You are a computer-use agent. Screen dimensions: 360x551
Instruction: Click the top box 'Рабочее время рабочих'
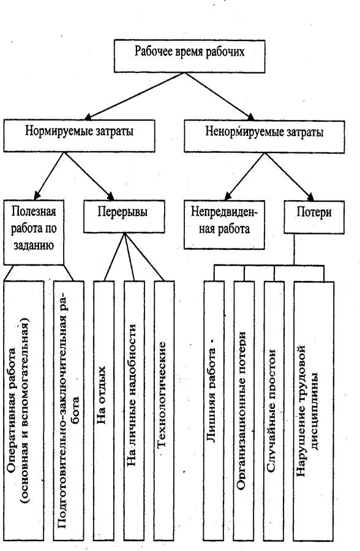(x=190, y=56)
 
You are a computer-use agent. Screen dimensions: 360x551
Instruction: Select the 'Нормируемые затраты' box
(x=79, y=136)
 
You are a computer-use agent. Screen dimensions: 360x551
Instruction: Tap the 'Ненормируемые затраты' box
(x=264, y=137)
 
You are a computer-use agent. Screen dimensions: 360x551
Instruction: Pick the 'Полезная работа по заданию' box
(x=34, y=232)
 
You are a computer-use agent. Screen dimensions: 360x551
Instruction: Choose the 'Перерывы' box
(x=124, y=216)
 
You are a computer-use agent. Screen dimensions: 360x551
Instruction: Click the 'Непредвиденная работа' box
(x=224, y=225)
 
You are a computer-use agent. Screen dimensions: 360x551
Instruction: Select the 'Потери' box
(x=314, y=217)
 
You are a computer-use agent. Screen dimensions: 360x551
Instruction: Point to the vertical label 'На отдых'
(x=101, y=395)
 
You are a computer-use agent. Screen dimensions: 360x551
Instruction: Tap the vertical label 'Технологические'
(x=162, y=395)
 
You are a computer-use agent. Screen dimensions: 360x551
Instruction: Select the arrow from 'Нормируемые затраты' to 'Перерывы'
(x=89, y=176)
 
